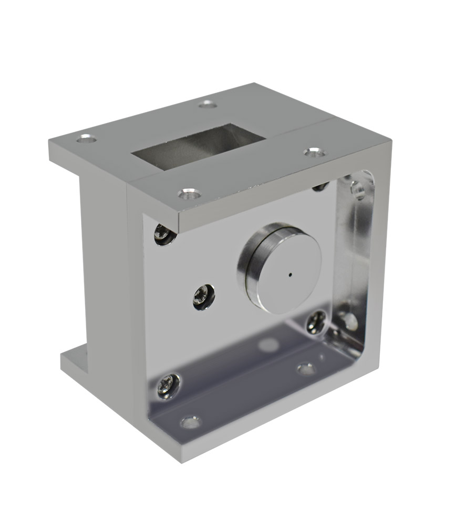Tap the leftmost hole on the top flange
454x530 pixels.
tap(86, 139)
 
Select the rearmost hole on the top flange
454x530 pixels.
tap(208, 104)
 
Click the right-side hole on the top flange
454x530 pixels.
tap(314, 152)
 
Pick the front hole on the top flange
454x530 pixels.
tap(189, 194)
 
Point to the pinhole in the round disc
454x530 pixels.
tap(290, 273)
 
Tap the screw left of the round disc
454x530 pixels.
tap(204, 297)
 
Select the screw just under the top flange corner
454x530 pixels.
tap(164, 234)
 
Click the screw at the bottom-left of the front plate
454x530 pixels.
tap(168, 386)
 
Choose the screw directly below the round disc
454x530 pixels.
tap(316, 322)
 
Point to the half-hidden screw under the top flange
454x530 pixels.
tap(320, 186)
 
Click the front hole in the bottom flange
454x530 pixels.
tap(190, 422)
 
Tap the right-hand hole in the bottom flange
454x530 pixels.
tap(306, 369)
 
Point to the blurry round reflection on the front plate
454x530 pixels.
tap(269, 345)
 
